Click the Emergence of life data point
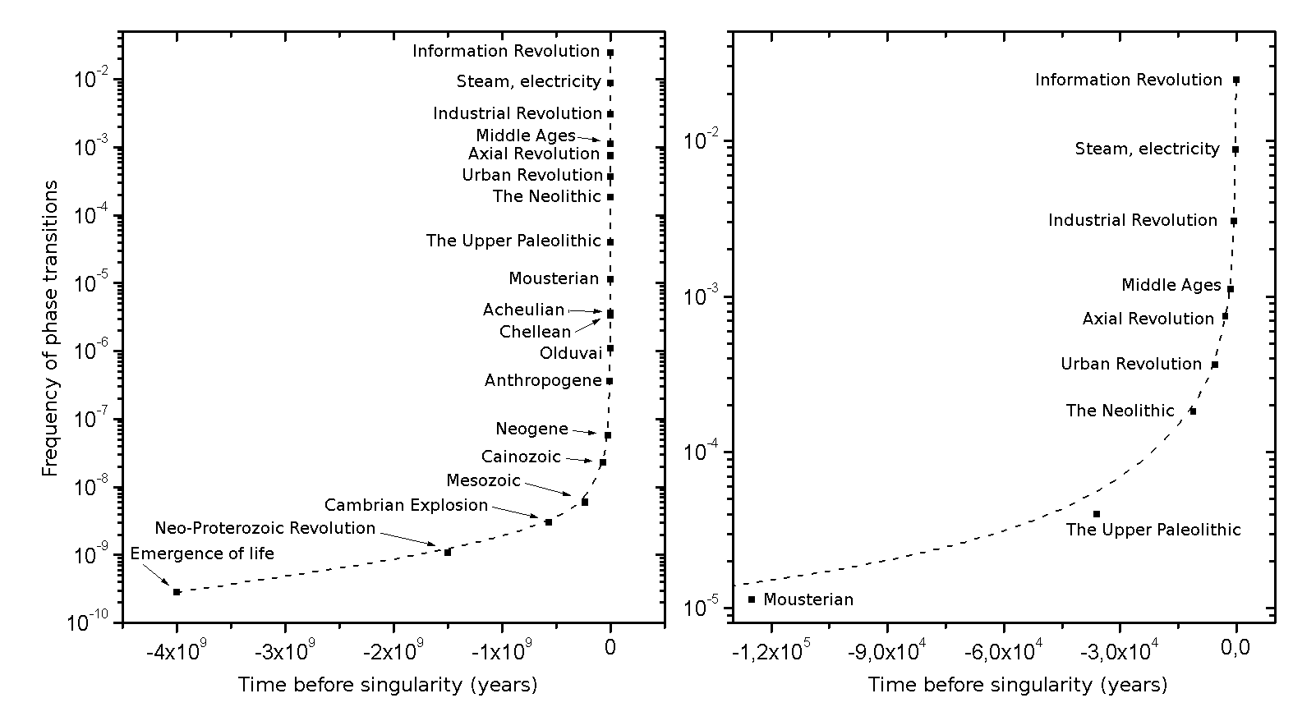pyautogui.click(x=177, y=591)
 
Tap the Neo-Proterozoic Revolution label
pyautogui.click(x=265, y=528)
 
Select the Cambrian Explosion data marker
pyautogui.click(x=548, y=521)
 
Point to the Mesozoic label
pyautogui.click(x=483, y=480)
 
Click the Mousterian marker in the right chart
pyautogui.click(x=752, y=599)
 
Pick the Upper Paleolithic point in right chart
pyautogui.click(x=1096, y=514)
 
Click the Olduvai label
pyautogui.click(x=570, y=353)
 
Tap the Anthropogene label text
pyautogui.click(x=543, y=380)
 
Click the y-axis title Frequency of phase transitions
pyautogui.click(x=51, y=328)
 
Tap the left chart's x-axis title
pyautogui.click(x=388, y=685)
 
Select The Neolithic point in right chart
pyautogui.click(x=1193, y=411)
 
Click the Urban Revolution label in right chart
pyautogui.click(x=1130, y=364)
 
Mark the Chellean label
pyautogui.click(x=535, y=332)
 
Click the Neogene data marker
pyautogui.click(x=608, y=435)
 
